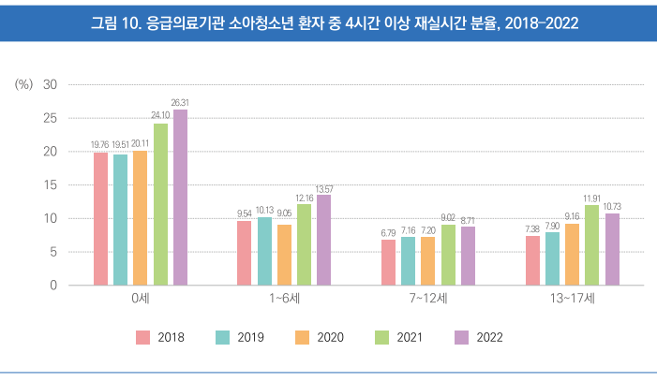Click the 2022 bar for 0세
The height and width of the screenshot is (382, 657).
click(x=180, y=198)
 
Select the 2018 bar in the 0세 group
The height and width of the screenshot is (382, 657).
click(x=100, y=219)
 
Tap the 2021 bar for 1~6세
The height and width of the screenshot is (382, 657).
click(x=304, y=244)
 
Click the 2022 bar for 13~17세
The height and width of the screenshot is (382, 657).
click(x=612, y=249)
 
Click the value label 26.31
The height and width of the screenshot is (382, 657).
click(x=180, y=103)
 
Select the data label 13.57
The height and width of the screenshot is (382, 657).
click(x=323, y=188)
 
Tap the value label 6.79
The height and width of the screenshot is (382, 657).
click(x=388, y=233)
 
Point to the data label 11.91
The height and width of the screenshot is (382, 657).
click(x=592, y=198)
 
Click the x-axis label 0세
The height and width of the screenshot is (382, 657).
click(x=141, y=299)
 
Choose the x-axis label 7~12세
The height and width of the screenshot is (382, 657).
click(x=428, y=299)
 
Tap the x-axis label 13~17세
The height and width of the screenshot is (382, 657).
click(x=573, y=299)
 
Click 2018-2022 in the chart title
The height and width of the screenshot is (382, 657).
click(x=542, y=22)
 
